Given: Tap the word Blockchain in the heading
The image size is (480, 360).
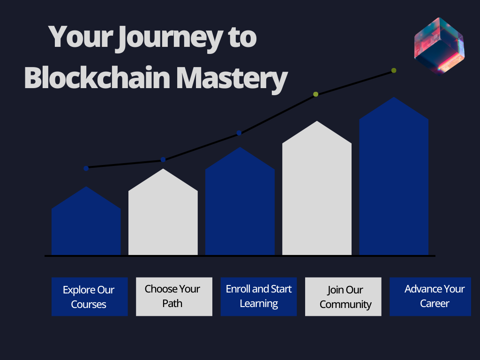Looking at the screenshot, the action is point(97,78).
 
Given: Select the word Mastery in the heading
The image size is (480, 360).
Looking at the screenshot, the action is point(232,79).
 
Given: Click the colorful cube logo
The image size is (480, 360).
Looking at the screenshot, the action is point(439,46).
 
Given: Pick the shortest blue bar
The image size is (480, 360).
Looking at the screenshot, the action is point(86,221).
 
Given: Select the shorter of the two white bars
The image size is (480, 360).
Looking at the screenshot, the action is point(163,212).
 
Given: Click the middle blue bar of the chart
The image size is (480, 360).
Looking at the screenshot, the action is point(240,201).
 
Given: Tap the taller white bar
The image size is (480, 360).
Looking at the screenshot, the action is point(317,188).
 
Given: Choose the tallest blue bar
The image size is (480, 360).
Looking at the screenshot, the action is point(394,176).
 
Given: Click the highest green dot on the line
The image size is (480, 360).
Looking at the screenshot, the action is point(394,70).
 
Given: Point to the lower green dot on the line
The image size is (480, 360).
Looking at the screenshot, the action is point(315,94).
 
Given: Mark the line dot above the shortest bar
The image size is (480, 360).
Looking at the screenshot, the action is point(86,168).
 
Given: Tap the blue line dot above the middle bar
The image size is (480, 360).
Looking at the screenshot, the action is point(239,133).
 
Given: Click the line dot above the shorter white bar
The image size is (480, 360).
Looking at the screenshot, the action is point(163,159).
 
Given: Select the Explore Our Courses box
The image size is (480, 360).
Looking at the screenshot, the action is point(90,297).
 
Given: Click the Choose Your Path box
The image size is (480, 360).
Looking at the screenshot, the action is point(174,297).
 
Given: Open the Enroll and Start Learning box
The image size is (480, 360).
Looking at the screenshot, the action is point(259,297).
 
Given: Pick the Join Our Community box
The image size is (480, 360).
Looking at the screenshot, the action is point(343,297).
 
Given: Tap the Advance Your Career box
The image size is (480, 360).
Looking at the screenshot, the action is point(430,297).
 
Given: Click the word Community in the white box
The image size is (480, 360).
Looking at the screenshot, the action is point(345,305).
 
